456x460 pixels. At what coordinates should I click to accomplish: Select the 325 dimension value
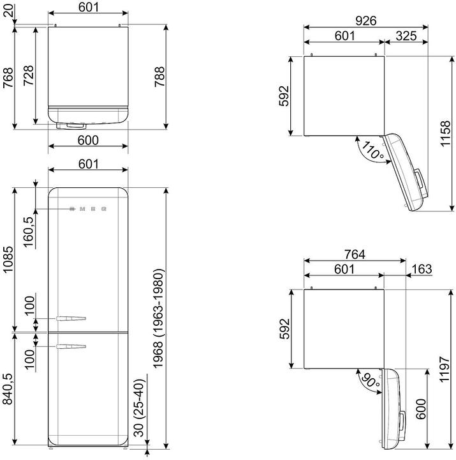[x=406, y=36]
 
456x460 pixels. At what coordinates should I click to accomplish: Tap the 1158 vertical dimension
[x=445, y=133]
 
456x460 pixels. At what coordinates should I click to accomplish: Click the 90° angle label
[x=367, y=382]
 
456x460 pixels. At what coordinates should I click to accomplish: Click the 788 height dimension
[x=159, y=78]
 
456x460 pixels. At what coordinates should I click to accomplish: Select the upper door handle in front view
[x=70, y=318]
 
